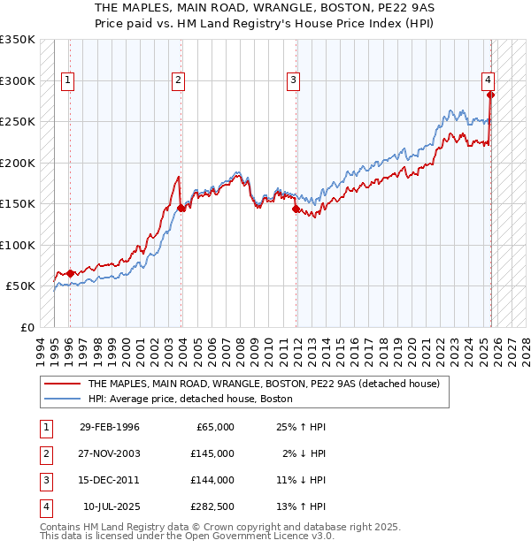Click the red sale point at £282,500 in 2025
pyautogui.click(x=490, y=95)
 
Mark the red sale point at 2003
pyautogui.click(x=181, y=208)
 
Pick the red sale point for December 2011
pyautogui.click(x=296, y=209)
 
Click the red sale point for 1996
pyautogui.click(x=71, y=273)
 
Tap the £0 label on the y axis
pyautogui.click(x=27, y=327)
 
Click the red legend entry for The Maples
pyautogui.click(x=257, y=384)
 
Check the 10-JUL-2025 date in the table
pyautogui.click(x=111, y=506)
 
